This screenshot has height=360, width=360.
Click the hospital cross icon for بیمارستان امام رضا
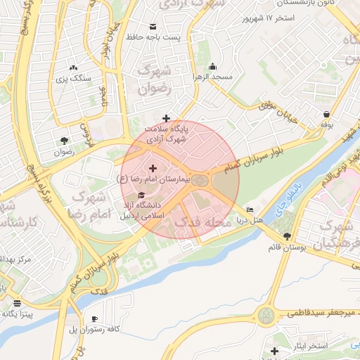coord(153,168)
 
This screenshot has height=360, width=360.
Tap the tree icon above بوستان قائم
coord(286,236)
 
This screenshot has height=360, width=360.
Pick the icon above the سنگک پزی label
coord(73,67)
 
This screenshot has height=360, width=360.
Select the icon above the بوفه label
coord(326,114)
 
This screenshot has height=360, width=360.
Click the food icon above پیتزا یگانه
coord(17,302)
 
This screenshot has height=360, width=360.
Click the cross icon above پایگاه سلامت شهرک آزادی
coord(166,118)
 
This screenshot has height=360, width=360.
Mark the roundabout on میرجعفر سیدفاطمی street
coord(267,314)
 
